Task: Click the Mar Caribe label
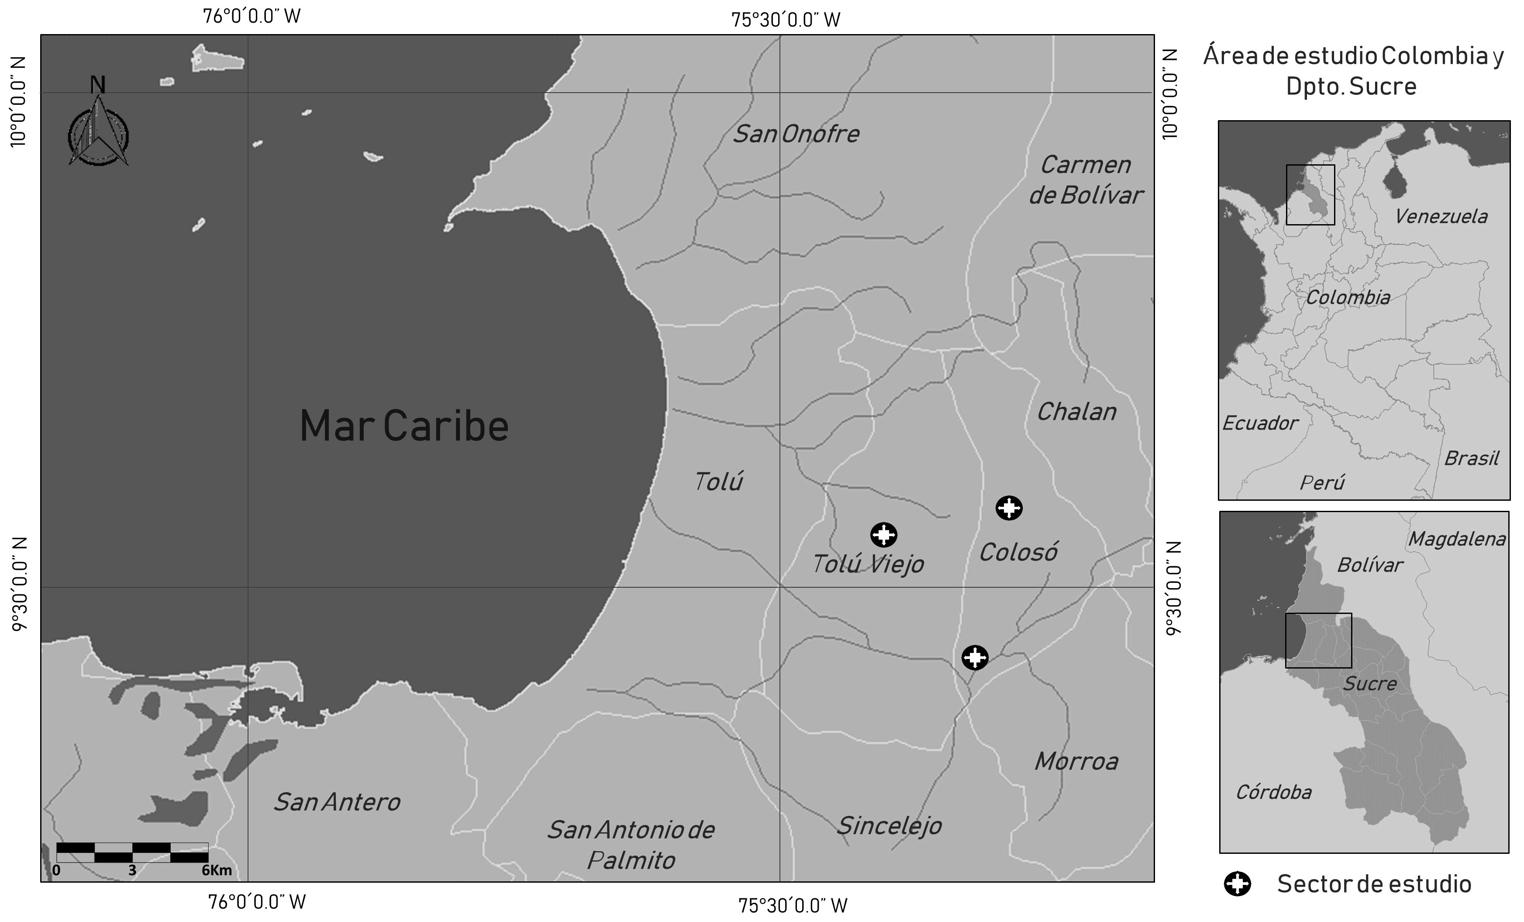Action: coord(404,426)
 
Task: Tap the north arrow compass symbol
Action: coord(98,130)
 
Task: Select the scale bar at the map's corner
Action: coord(132,852)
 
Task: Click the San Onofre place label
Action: coord(796,134)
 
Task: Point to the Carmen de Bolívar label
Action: coord(1086,180)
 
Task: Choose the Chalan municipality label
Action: coord(1077,412)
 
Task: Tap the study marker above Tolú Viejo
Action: coord(884,535)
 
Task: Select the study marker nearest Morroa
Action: coord(975,657)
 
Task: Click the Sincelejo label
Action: coord(889,825)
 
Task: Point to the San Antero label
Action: coord(337,802)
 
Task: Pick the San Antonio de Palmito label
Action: coord(631,845)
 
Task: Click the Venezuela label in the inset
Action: coord(1441,217)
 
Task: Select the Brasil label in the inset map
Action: coord(1472,458)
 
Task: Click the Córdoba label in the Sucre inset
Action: coord(1273,792)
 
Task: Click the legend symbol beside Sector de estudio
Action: coord(1238,884)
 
